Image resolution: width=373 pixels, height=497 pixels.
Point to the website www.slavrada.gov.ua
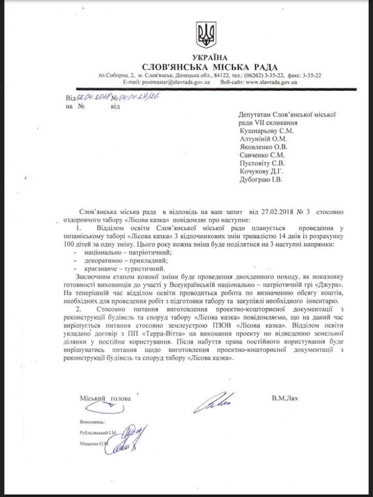point(271,82)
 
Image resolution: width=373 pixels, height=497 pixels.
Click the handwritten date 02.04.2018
point(93,97)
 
